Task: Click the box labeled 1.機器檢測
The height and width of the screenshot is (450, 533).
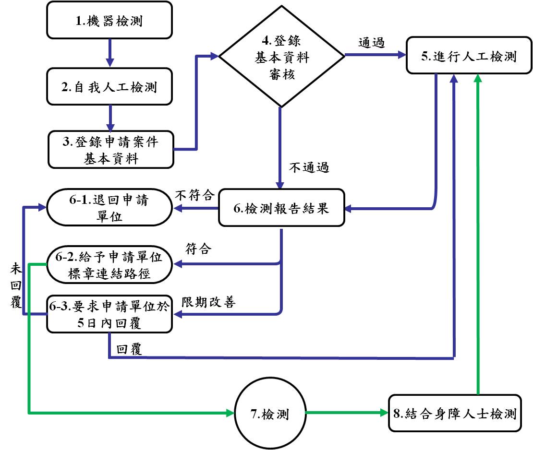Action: [109, 22]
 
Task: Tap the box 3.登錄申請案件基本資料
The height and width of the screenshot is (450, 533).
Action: [110, 150]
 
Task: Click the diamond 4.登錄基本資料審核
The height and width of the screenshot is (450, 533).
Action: [282, 57]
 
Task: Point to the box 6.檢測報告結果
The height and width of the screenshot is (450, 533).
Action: [281, 209]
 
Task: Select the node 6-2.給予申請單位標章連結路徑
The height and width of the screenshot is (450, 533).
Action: [109, 264]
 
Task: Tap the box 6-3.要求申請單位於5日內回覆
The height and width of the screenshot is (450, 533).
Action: [109, 315]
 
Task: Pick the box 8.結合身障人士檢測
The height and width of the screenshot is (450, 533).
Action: [455, 414]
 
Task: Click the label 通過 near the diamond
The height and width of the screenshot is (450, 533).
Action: [372, 42]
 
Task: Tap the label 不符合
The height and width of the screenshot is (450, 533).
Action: [194, 196]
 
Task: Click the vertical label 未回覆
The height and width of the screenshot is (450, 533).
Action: [15, 287]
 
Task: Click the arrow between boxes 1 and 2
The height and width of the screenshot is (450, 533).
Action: [110, 53]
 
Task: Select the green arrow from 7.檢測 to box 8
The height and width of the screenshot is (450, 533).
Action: [346, 413]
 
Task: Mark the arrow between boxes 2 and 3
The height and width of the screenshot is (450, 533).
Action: [110, 118]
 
